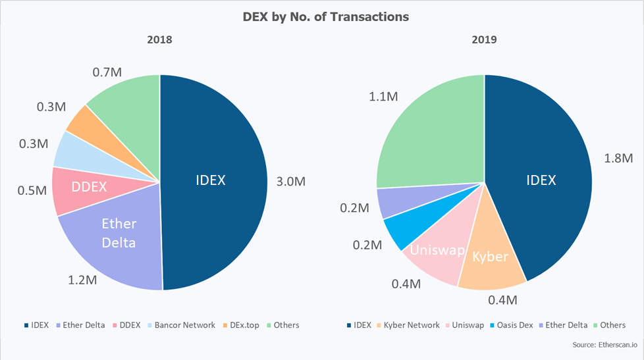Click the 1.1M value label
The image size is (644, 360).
click(382, 97)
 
